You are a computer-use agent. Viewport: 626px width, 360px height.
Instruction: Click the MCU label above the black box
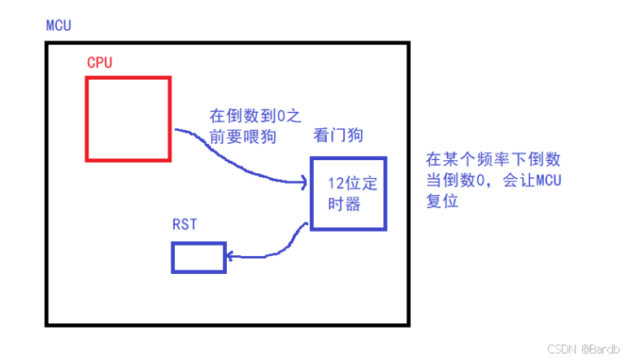[x=59, y=25]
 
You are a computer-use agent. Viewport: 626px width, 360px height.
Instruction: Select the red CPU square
[x=128, y=119]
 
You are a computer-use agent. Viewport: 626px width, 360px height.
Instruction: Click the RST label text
[x=185, y=224]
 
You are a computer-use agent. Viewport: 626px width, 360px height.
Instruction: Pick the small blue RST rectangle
[x=198, y=257]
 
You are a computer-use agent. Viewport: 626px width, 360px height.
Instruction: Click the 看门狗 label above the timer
[x=338, y=137]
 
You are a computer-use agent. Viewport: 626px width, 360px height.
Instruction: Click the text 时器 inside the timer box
[x=341, y=202]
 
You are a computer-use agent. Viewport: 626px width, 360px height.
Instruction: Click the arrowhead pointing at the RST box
[x=230, y=257]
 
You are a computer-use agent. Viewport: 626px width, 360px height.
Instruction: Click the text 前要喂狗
[x=242, y=137]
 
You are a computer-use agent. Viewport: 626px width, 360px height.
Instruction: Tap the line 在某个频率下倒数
[x=493, y=158]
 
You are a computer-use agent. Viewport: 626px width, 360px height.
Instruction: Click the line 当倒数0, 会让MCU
[x=493, y=180]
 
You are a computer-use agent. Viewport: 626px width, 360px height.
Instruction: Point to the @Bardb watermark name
[x=600, y=349]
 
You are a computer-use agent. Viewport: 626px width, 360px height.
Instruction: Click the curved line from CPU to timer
[x=236, y=158]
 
